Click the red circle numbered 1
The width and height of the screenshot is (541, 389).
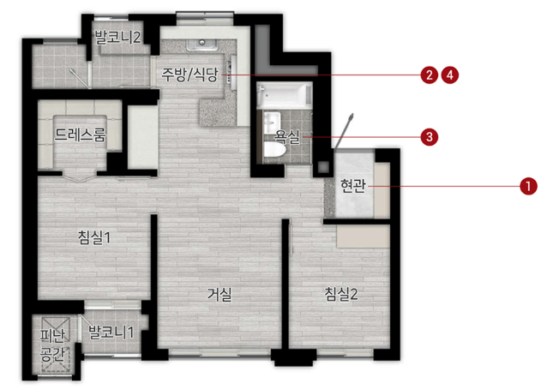click(x=528, y=185)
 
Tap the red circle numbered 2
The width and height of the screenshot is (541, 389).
click(x=428, y=75)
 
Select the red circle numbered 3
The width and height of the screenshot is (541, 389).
click(x=428, y=135)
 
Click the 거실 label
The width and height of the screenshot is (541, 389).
click(x=219, y=293)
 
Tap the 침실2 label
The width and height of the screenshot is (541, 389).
click(x=340, y=293)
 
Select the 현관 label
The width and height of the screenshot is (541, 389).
click(x=352, y=185)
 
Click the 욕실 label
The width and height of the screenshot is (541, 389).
click(x=286, y=135)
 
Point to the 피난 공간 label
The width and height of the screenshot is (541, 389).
click(x=52, y=343)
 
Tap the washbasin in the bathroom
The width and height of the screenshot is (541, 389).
click(x=272, y=121)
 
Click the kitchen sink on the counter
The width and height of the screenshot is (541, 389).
click(x=206, y=43)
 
